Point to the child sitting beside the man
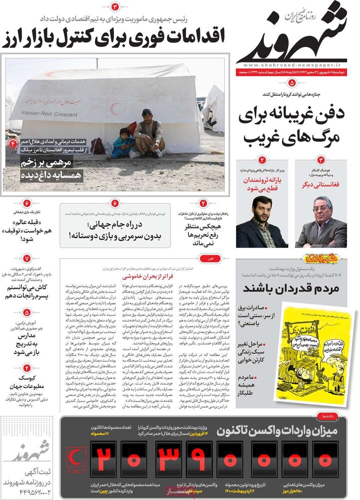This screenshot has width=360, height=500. [x=121, y=142]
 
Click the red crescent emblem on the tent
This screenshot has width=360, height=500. [x=117, y=108]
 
